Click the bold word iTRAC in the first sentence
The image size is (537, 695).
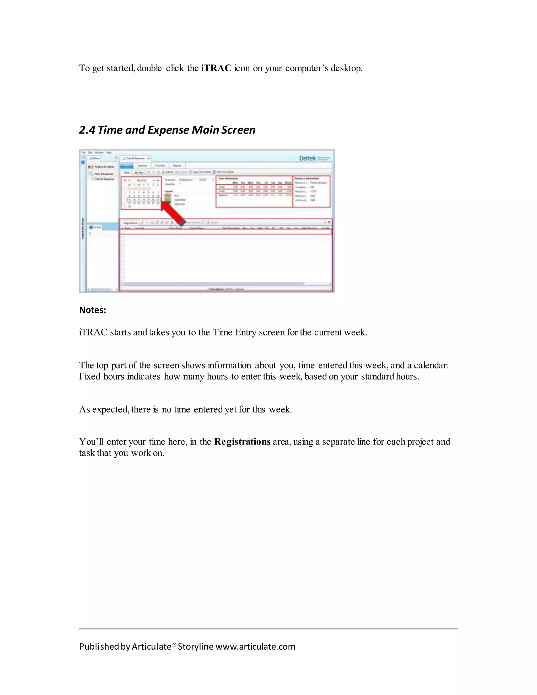(x=216, y=68)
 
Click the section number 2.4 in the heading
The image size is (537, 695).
(x=87, y=130)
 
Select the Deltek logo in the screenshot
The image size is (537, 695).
(x=308, y=158)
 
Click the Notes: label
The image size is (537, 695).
(x=93, y=310)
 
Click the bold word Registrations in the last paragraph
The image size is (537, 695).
(x=242, y=442)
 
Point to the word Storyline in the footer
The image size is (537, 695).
(x=195, y=647)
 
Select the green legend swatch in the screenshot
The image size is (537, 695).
(x=168, y=200)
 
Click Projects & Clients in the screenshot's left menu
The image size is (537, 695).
(x=104, y=167)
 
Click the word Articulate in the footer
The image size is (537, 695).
(x=152, y=647)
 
